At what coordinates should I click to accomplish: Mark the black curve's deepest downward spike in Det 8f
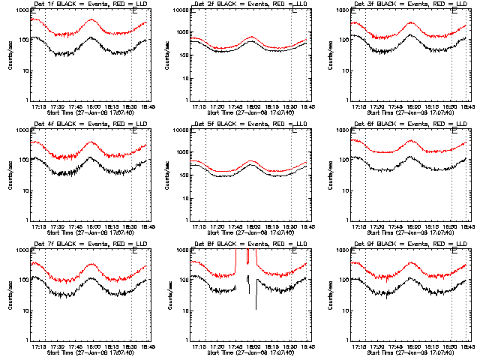[256, 308]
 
